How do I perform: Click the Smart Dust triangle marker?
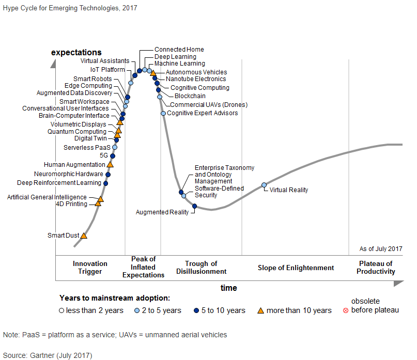(84, 236)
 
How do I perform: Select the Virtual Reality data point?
(264, 185)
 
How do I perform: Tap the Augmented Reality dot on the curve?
(194, 206)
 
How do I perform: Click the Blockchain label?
(190, 96)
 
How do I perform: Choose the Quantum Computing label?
(76, 132)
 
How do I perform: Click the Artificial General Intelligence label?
(47, 197)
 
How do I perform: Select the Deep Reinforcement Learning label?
(59, 183)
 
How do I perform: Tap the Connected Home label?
(179, 50)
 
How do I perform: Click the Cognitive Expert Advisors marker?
(163, 113)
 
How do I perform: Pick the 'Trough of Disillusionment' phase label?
(201, 268)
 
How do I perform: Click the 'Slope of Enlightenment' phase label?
(296, 268)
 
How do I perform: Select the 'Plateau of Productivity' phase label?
(376, 268)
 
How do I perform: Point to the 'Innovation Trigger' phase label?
(90, 268)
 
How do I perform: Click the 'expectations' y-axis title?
(76, 53)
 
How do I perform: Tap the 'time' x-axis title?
(228, 288)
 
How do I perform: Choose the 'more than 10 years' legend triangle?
(260, 310)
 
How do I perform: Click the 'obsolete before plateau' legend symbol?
(345, 310)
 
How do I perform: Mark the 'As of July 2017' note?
(381, 249)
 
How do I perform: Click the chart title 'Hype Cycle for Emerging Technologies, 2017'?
(70, 8)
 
